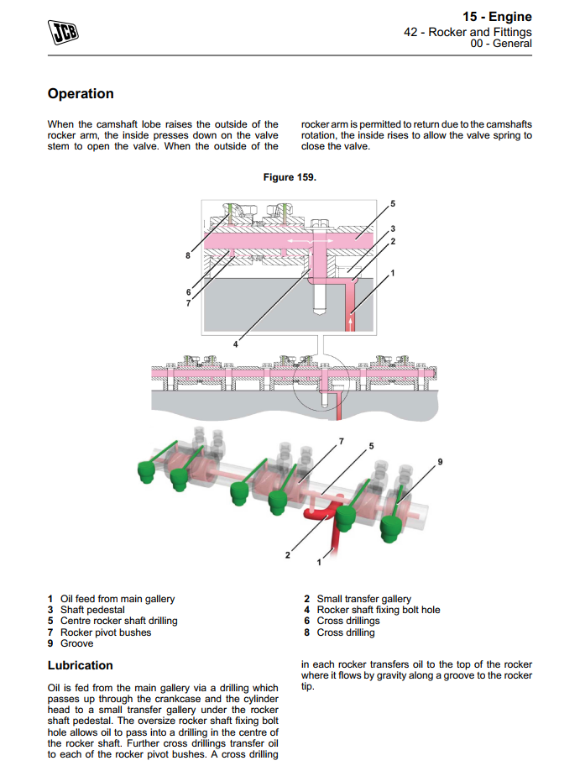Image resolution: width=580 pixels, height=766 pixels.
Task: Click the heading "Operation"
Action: coord(81,94)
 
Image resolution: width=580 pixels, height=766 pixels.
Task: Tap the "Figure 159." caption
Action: coord(290,177)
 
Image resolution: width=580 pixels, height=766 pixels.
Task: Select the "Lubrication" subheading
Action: coord(81,665)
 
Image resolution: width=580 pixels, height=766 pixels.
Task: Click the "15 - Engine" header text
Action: coord(497,17)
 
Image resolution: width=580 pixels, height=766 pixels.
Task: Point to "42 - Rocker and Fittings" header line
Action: coord(468,32)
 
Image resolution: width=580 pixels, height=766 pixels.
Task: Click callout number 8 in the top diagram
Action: coord(187,254)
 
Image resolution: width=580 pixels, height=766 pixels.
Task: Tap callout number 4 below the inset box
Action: coord(236,344)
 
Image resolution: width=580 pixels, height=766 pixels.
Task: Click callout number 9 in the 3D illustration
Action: coord(440,462)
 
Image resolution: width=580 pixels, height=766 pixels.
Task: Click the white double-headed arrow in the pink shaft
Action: coord(297,241)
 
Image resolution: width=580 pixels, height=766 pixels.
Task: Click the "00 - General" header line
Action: coord(502,44)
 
